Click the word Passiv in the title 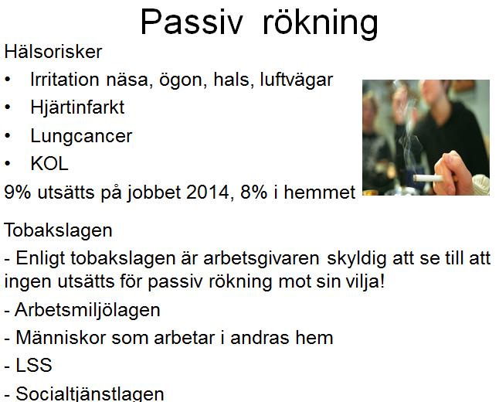[x=192, y=22]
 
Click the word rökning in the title [x=321, y=24]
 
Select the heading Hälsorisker [x=53, y=52]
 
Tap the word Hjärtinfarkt [x=77, y=107]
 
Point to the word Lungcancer [x=81, y=136]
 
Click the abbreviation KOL [x=49, y=164]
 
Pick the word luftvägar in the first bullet [x=297, y=80]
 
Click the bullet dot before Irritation [x=8, y=80]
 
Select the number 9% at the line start [x=18, y=192]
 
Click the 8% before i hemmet [x=253, y=192]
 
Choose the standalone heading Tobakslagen [x=58, y=230]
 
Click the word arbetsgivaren [x=261, y=259]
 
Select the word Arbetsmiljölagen [x=87, y=310]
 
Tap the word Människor [x=61, y=338]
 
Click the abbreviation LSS [x=34, y=365]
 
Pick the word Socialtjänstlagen [x=90, y=393]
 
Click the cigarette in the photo [x=428, y=178]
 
